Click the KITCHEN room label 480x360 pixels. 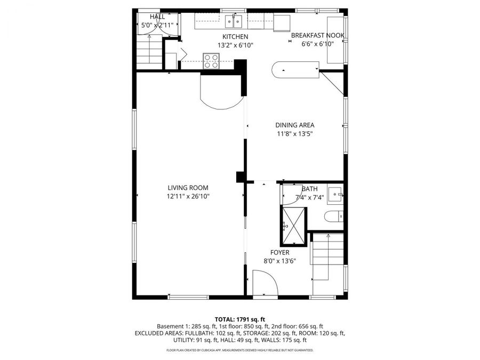235,36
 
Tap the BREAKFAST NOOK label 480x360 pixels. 317,36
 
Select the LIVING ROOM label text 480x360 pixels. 188,188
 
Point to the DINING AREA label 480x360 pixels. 294,125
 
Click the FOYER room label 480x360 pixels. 279,252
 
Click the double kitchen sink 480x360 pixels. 234,22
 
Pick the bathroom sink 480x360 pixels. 335,195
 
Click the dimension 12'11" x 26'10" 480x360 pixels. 188,196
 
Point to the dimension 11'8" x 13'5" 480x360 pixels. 294,134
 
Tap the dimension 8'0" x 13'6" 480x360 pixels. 279,261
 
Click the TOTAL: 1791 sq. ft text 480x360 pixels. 239,319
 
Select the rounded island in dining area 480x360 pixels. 295,70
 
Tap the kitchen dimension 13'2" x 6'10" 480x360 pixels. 235,45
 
